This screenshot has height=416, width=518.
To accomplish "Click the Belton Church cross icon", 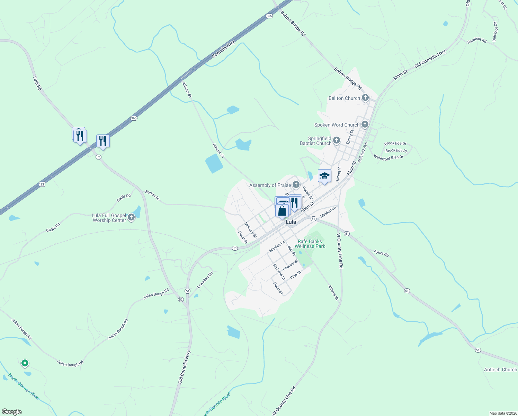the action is pos(365,98).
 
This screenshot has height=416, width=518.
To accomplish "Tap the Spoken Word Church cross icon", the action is pos(365,124).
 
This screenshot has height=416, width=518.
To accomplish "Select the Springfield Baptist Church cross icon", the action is pos(337,141).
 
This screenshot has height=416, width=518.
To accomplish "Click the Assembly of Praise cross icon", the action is pos(296,185).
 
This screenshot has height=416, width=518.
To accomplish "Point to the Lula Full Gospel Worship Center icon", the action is pos(131,217).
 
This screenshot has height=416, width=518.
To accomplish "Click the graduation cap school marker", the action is pos(324,176).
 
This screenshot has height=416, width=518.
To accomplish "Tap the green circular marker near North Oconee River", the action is pos(25,363).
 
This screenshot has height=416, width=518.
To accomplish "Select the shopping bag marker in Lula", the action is pos(282,210).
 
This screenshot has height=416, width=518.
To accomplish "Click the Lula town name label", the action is pos(291,222).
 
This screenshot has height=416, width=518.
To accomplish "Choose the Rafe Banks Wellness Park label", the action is pos(310,244).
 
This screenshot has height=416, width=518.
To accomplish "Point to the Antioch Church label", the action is pos(500,370).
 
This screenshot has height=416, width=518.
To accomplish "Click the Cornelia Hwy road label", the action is pos(223,49).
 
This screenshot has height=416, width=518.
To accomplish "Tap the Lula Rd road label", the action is pos(37,84).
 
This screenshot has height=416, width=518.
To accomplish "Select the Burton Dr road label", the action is pos(152,195).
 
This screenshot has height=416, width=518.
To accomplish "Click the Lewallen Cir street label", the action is pos(205,280).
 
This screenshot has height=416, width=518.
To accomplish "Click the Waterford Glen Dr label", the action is pos(388,157).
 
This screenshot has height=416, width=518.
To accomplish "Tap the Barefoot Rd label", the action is pos(477,40).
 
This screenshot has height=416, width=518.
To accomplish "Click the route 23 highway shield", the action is pos(42,184).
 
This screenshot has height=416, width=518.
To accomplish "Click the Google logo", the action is pos(12,412).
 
